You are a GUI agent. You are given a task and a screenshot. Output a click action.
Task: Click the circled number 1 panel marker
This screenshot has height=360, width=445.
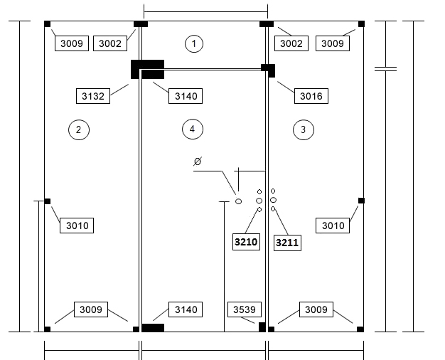point(194,44)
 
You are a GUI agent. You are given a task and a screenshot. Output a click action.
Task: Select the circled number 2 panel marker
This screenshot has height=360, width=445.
point(79,130)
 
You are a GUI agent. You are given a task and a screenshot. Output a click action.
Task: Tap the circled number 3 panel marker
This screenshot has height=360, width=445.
point(304,130)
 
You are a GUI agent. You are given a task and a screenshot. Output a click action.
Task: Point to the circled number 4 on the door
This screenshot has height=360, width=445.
point(193,129)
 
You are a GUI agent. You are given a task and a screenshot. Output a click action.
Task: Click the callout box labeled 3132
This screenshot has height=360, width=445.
point(93,96)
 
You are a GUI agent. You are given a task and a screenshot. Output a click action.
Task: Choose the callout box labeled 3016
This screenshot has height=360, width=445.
point(311,96)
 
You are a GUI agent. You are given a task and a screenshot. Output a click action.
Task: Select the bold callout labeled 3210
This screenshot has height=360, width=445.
point(246,242)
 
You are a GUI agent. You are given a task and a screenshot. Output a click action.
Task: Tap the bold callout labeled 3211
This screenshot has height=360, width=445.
point(287,243)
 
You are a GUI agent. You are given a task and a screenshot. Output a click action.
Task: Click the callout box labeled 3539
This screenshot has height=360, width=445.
point(245,309)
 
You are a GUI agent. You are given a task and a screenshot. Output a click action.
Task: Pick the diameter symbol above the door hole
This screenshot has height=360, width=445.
point(198,161)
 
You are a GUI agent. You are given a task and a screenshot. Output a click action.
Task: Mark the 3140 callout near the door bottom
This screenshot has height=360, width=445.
point(186,309)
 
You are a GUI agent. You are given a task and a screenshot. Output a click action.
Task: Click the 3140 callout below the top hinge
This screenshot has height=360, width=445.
point(186,96)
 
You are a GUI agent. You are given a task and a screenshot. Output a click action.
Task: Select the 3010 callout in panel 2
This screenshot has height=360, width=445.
point(77,226)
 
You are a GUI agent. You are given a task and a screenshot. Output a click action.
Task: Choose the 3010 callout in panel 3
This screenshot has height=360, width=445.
point(333,226)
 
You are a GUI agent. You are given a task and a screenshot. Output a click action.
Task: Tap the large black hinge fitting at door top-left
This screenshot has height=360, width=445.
point(147,69)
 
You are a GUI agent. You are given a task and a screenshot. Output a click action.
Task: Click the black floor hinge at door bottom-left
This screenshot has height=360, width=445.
point(153,327)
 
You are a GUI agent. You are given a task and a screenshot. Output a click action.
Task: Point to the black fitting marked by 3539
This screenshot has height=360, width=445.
point(262,327)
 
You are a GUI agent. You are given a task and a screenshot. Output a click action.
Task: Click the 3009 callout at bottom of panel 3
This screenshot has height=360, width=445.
point(316,309)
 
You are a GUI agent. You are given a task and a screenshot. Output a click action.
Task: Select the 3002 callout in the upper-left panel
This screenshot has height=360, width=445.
point(110,43)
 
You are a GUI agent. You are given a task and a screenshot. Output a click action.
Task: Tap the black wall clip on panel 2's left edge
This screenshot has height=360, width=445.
point(48,201)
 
